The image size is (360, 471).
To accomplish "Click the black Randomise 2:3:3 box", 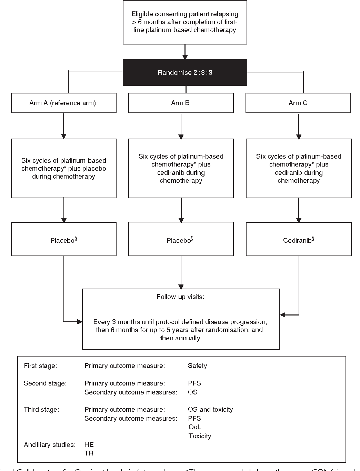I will (185, 72).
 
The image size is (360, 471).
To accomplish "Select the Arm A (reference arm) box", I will (63, 103).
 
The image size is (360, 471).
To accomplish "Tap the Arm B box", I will (181, 103).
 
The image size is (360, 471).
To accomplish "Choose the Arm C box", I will (298, 103).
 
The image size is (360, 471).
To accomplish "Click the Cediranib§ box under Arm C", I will (299, 240).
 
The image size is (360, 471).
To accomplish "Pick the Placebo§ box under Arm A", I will (63, 240).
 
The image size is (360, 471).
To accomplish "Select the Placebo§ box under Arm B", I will (181, 240).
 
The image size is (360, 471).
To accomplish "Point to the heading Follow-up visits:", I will (180, 297).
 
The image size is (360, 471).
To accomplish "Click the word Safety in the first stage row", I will (197, 366).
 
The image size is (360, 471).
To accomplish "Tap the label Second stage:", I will (45, 383).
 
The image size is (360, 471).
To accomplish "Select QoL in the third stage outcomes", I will (194, 427).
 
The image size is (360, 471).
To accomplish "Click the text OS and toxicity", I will (210, 410).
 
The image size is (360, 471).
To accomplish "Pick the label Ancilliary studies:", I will (50, 445).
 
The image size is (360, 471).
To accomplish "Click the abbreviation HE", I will (89, 445).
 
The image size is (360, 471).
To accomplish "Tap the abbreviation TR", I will (89, 453).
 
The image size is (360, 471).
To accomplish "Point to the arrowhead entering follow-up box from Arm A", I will (80, 322).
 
